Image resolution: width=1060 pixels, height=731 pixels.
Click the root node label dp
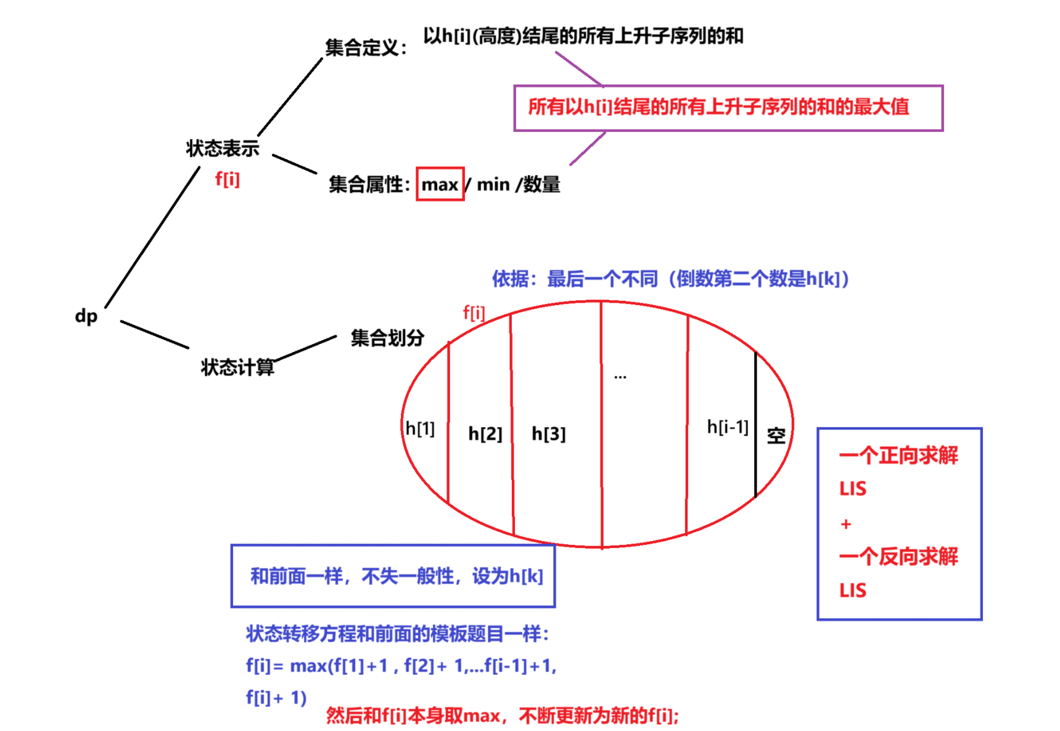click(86, 316)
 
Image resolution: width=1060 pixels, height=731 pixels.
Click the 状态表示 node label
click(223, 149)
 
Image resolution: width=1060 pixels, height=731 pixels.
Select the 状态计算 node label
click(237, 367)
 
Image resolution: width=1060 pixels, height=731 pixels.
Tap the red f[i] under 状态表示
click(227, 179)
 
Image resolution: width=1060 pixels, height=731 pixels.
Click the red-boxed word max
click(440, 184)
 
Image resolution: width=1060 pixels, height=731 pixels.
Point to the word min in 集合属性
click(493, 184)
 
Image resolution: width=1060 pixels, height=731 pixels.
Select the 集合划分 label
click(387, 338)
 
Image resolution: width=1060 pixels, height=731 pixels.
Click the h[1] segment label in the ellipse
click(420, 428)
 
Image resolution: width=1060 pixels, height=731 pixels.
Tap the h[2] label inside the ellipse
click(485, 434)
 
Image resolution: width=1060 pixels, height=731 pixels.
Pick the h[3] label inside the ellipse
click(548, 434)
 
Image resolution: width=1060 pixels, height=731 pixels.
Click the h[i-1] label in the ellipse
click(728, 427)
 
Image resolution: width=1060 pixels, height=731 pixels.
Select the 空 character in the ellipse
click(776, 436)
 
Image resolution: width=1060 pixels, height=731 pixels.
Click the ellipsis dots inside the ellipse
click(620, 377)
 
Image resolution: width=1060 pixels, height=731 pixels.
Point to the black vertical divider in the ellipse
click(755, 425)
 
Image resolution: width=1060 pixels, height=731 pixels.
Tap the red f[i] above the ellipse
click(474, 313)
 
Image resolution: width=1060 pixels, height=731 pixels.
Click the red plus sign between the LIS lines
click(845, 524)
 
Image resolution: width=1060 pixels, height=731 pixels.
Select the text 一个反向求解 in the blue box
click(898, 557)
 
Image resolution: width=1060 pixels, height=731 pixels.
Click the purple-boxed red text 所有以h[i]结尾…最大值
click(718, 107)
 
